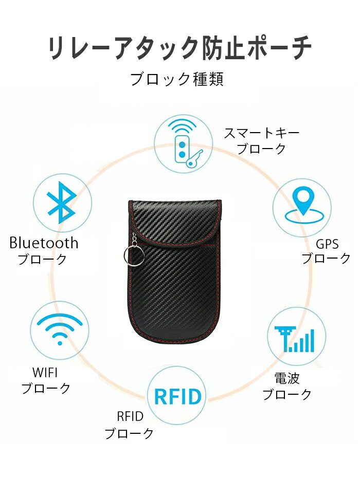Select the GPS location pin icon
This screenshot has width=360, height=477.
(304, 206)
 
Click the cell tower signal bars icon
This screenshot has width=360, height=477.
(294, 340)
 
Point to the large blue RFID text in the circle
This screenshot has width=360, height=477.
(178, 396)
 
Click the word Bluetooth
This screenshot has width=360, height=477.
(44, 243)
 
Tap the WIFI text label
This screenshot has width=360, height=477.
(45, 373)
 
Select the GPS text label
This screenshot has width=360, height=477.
(327, 244)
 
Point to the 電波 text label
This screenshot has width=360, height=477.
(287, 379)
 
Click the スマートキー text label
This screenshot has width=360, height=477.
(262, 133)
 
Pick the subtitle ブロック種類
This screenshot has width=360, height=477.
(177, 79)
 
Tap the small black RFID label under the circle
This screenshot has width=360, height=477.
(130, 416)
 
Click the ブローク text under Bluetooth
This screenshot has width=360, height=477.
(42, 260)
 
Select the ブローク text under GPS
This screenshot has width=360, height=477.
(326, 258)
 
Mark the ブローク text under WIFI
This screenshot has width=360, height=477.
(46, 389)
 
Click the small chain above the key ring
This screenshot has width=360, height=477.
(134, 240)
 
